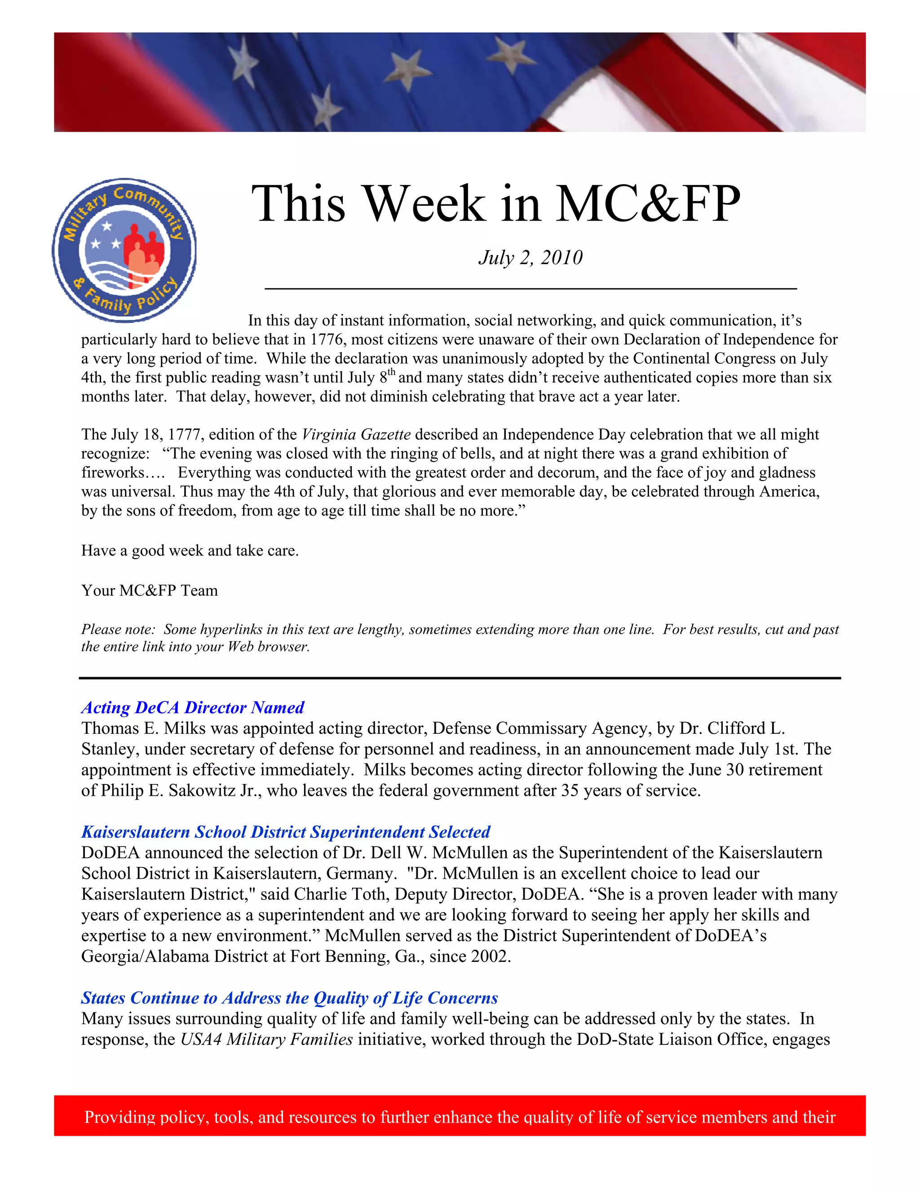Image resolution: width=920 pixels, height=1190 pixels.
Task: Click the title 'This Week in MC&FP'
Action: pos(495,204)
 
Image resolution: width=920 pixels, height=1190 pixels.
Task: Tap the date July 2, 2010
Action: pos(531,258)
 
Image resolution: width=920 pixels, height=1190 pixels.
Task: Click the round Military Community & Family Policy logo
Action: pos(124,250)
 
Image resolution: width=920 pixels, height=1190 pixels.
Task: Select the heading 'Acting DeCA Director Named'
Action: pos(192,707)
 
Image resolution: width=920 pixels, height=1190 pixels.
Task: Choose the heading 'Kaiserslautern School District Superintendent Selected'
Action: pos(286,832)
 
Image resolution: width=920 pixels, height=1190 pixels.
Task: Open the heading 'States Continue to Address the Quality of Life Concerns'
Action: pos(289,998)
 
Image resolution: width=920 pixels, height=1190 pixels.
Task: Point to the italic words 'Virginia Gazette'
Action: pos(356,434)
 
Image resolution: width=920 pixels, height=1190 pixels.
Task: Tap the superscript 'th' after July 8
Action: pos(392,373)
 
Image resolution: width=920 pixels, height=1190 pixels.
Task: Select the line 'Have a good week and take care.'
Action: pos(190,551)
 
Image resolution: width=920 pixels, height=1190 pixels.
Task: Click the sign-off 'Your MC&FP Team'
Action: pos(149,591)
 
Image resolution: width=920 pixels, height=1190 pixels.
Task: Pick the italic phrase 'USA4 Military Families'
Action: pos(266,1039)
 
